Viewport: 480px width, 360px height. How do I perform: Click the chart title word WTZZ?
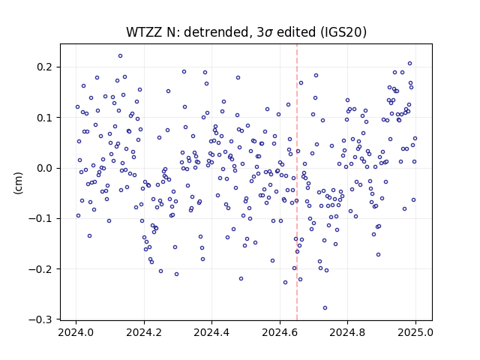(145, 31)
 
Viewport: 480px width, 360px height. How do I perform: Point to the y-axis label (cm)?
(18, 183)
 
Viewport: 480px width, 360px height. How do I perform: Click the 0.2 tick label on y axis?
(44, 67)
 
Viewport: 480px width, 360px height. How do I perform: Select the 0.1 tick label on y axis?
(44, 118)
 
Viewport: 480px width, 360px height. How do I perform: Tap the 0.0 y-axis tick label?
(44, 168)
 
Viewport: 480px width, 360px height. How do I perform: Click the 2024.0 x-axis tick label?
(76, 332)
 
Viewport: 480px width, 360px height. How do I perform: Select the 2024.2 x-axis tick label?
(144, 332)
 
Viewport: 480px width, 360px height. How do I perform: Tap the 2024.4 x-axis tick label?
(211, 332)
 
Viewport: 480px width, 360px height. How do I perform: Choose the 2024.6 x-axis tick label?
(280, 332)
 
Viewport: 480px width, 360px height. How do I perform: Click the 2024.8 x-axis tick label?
(347, 332)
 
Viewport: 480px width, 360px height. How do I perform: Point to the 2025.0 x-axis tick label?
(415, 332)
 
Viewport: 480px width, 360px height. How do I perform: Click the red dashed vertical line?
(297, 182)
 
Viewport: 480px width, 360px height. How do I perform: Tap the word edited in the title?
(297, 31)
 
